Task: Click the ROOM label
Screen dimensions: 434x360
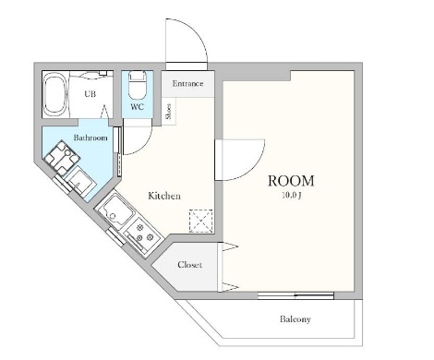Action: pyautogui.click(x=291, y=181)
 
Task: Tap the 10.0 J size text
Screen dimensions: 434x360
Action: pyautogui.click(x=291, y=196)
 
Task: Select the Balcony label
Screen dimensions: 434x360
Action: pyautogui.click(x=295, y=319)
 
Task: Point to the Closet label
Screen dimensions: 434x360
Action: pyautogui.click(x=189, y=265)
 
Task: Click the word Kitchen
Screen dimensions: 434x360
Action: pyautogui.click(x=164, y=196)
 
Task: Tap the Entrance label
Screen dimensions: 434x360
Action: pyautogui.click(x=187, y=83)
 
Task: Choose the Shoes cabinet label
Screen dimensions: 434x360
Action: pyautogui.click(x=168, y=112)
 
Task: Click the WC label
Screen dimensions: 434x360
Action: pyautogui.click(x=137, y=107)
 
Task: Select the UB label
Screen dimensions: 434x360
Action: pyautogui.click(x=90, y=93)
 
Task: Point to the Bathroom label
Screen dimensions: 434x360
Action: pyautogui.click(x=90, y=138)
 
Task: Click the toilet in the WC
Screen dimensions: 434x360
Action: pyautogui.click(x=137, y=84)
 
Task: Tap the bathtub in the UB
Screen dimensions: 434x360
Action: pyautogui.click(x=55, y=94)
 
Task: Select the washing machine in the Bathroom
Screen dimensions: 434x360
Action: pyautogui.click(x=62, y=158)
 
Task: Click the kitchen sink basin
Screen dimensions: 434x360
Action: pyautogui.click(x=115, y=209)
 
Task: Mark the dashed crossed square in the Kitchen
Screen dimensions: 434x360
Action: pyautogui.click(x=200, y=221)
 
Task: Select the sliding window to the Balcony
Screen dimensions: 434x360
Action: pyautogui.click(x=295, y=296)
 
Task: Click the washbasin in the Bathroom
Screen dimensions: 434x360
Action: pyautogui.click(x=81, y=183)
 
